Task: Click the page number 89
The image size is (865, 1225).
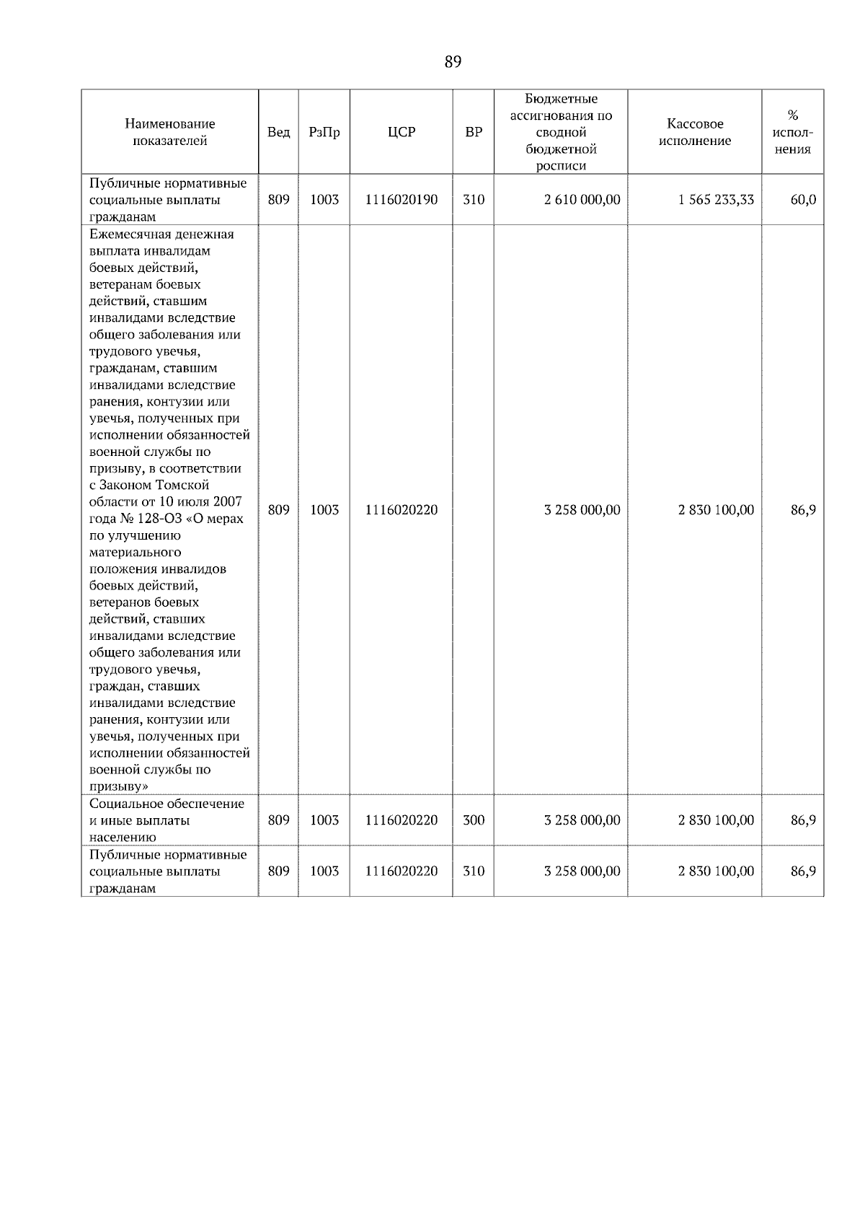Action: pyautogui.click(x=453, y=62)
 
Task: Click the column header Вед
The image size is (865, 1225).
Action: pyautogui.click(x=278, y=132)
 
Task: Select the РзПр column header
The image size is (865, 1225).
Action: pyautogui.click(x=324, y=132)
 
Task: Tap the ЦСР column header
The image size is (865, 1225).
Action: pyautogui.click(x=401, y=132)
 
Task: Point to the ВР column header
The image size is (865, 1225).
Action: pyautogui.click(x=473, y=132)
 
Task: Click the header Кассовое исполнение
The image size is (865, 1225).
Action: pyautogui.click(x=694, y=132)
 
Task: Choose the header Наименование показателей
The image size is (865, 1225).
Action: pyautogui.click(x=169, y=132)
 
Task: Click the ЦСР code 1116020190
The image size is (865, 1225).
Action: pyautogui.click(x=401, y=200)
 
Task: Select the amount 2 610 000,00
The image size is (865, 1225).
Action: pyautogui.click(x=582, y=200)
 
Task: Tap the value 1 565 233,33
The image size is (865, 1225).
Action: pyautogui.click(x=716, y=200)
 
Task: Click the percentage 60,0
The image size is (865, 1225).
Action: pyautogui.click(x=803, y=200)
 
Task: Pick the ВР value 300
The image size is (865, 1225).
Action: pyautogui.click(x=473, y=820)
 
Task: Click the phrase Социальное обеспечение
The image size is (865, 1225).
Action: pyautogui.click(x=167, y=804)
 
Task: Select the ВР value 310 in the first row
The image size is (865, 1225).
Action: pyautogui.click(x=473, y=200)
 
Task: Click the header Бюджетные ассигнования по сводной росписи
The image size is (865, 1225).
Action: pyautogui.click(x=561, y=132)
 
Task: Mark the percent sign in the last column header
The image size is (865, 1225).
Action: pyautogui.click(x=792, y=115)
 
